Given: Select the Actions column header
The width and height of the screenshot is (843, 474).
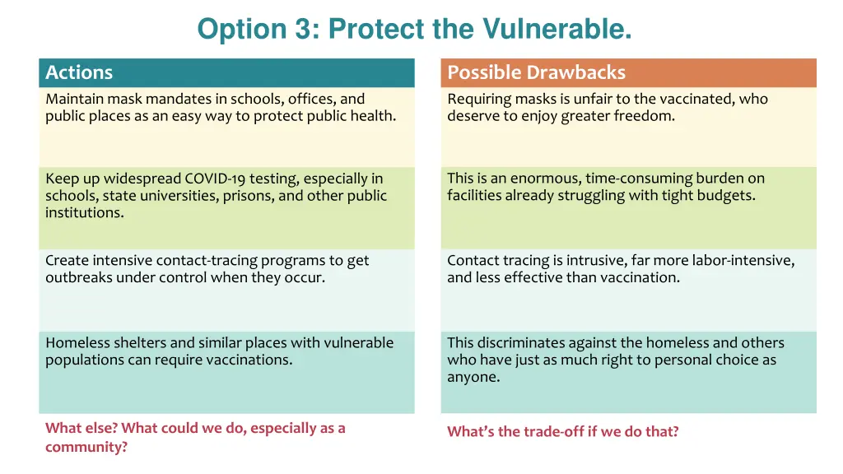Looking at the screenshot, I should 79,72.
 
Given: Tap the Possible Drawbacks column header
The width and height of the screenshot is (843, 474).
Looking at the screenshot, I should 536,72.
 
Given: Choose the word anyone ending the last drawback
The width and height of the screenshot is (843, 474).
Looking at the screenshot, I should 473,378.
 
